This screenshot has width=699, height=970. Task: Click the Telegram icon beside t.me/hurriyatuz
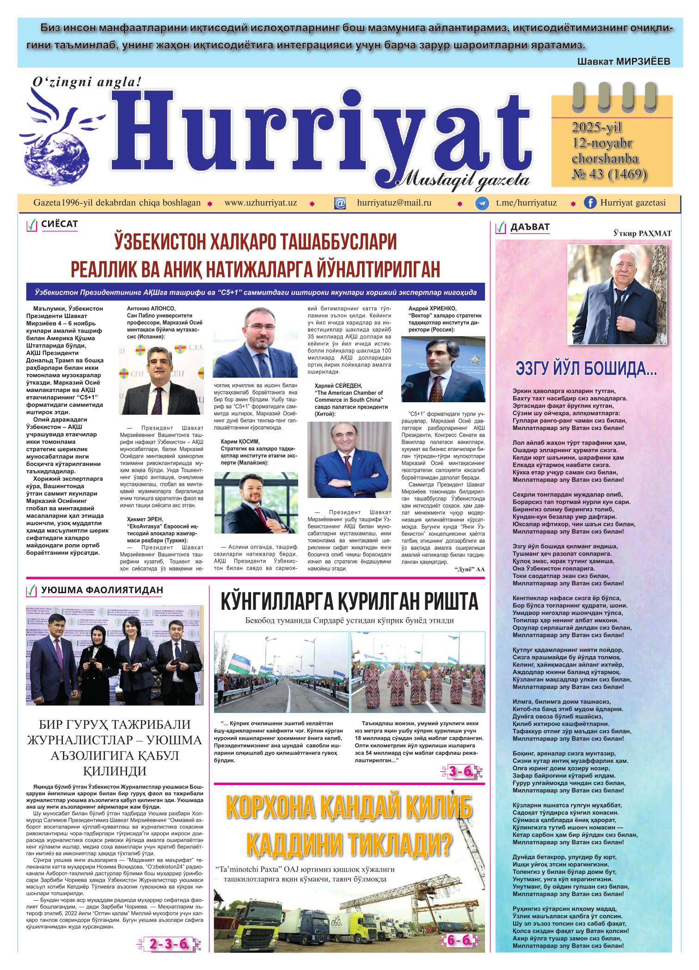point(483,203)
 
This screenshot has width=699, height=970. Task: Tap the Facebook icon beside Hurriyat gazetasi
point(590,203)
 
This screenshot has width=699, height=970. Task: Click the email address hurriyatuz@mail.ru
point(394,203)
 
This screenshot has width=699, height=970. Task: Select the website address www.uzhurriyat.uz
point(260,203)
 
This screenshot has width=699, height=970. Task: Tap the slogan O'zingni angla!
point(85,82)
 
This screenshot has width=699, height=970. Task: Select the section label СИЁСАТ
point(60,225)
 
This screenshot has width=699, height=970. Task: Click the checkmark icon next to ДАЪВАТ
point(500,227)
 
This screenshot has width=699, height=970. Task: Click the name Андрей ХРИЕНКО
point(432,308)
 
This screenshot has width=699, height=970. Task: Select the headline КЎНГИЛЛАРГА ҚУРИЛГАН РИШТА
point(349,602)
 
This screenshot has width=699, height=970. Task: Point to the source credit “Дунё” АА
point(469,569)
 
